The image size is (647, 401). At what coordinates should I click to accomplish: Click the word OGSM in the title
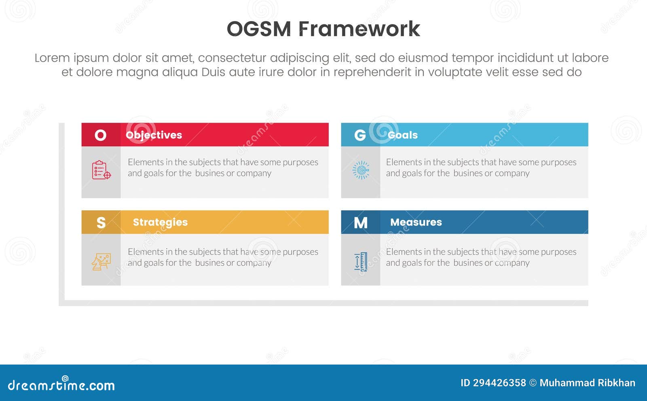tap(259, 29)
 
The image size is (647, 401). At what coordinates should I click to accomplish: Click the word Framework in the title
tap(359, 29)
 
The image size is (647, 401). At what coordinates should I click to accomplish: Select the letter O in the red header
tap(101, 135)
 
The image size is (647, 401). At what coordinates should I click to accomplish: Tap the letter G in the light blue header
tap(360, 135)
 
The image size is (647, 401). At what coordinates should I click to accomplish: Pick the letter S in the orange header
tap(101, 222)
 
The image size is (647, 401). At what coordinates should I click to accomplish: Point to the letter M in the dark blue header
tap(360, 222)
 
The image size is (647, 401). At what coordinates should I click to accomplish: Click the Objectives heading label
tap(154, 135)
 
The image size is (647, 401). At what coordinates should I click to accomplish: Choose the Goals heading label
tap(402, 135)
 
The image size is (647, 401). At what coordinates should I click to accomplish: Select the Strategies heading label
tap(160, 222)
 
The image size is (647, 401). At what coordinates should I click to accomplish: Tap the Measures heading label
tap(416, 222)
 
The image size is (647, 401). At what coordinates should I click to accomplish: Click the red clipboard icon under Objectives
tap(101, 170)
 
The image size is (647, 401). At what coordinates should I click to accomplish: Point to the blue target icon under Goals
tap(361, 170)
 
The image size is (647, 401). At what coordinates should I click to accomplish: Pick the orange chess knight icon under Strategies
tap(101, 261)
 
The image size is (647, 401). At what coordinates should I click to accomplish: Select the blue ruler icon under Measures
tap(361, 261)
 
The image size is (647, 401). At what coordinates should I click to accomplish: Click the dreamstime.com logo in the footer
tap(61, 385)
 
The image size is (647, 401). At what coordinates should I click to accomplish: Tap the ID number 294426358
tap(499, 383)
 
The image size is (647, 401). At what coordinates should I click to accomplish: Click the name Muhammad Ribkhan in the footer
tap(587, 383)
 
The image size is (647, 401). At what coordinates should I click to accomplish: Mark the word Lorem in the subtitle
tap(52, 58)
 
